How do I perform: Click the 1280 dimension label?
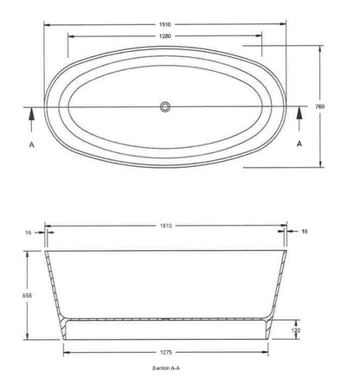(x=165, y=36)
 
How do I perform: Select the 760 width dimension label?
(x=319, y=106)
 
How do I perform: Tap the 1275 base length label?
(x=165, y=352)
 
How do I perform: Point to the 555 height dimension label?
(x=27, y=296)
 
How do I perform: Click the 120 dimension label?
(x=296, y=330)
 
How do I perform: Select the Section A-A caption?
(x=166, y=368)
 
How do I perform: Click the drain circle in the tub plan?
(x=165, y=106)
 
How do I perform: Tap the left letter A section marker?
(x=32, y=144)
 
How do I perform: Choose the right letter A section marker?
(x=299, y=144)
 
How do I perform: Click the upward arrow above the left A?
(x=31, y=119)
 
